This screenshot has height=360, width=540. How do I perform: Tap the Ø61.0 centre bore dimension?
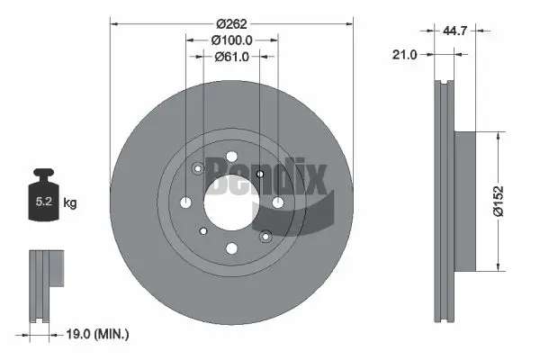click(231, 57)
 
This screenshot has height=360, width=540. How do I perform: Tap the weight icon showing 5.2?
click(41, 201)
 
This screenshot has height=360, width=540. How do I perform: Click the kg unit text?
click(70, 203)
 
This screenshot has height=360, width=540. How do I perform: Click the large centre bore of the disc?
click(231, 202)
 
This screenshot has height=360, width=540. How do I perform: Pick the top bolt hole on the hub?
click(231, 156)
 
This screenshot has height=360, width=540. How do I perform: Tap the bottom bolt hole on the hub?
click(231, 248)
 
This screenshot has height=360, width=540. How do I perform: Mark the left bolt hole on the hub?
click(185, 202)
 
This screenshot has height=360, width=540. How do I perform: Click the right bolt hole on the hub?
click(277, 202)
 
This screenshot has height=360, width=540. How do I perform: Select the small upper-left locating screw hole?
click(198, 167)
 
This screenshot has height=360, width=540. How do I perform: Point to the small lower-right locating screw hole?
click(265, 237)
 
